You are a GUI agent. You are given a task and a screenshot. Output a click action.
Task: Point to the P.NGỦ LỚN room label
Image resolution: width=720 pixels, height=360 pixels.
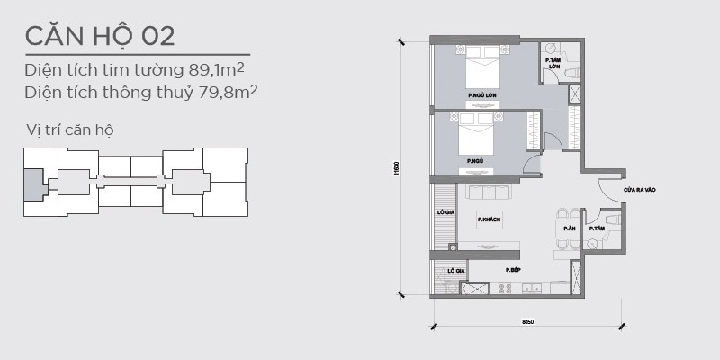point(482,94)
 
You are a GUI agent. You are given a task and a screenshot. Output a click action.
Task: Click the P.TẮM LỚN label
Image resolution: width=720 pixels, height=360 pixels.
point(555,64)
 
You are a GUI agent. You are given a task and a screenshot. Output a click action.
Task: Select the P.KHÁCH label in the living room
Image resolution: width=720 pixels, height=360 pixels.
point(489,219)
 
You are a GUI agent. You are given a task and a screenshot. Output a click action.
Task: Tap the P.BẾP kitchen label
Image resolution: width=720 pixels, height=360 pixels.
point(513,270)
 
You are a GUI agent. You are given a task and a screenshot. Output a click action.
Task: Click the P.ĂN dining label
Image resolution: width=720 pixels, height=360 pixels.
point(569,229)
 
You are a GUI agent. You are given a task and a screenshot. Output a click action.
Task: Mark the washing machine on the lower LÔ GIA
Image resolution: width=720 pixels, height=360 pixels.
point(443,288)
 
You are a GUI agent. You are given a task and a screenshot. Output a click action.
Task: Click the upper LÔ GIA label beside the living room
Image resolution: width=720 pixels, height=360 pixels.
point(444,212)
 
